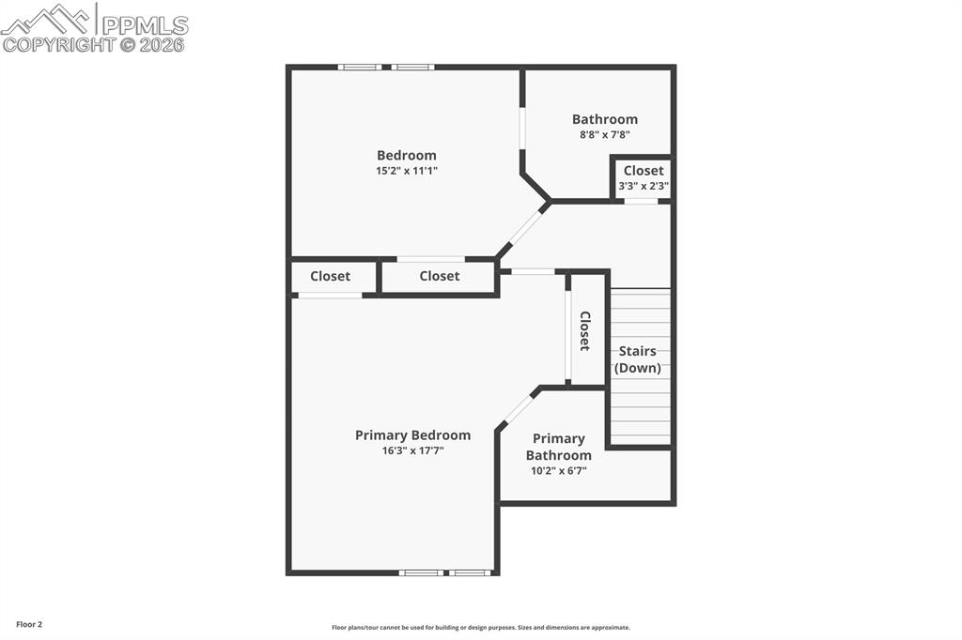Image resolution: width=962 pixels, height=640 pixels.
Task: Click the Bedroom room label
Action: click(406, 156)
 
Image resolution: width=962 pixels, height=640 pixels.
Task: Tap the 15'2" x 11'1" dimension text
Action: click(406, 171)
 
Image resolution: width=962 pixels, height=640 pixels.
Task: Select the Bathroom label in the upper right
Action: click(604, 119)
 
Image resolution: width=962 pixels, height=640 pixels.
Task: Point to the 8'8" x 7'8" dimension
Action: click(604, 134)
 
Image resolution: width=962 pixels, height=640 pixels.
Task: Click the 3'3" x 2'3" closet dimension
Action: click(643, 186)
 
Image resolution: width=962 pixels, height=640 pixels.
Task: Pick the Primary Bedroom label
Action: click(412, 435)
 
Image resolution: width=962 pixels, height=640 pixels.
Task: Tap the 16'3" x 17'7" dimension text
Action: click(412, 450)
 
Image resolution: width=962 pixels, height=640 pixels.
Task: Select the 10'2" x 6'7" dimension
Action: click(558, 471)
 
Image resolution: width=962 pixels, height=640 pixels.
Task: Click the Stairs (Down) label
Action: click(637, 359)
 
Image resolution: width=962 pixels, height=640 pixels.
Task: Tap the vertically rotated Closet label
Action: click(584, 330)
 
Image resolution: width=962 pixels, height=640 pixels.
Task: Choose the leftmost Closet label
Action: click(330, 276)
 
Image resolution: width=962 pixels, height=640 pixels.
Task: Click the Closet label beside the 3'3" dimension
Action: click(643, 171)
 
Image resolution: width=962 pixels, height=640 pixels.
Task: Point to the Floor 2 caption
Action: click(29, 624)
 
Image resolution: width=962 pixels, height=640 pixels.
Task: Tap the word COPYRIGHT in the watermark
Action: click(58, 44)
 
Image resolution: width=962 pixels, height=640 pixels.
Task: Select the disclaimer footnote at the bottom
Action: click(480, 628)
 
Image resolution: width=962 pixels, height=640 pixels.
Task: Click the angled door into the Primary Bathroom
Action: click(518, 409)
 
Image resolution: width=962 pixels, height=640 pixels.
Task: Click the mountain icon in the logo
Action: click(47, 19)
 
